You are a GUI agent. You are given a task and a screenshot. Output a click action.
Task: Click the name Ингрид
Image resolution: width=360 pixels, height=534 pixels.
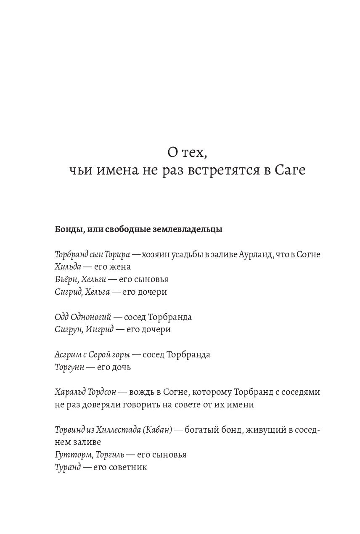[100, 329]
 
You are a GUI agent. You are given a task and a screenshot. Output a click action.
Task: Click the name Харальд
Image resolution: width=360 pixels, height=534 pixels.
[70, 392]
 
